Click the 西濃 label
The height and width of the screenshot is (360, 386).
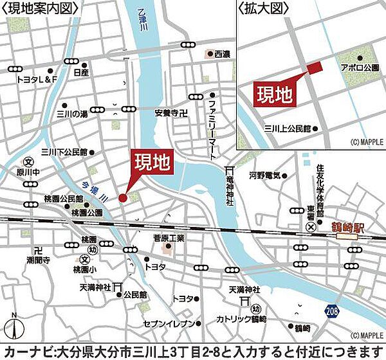point(221,54)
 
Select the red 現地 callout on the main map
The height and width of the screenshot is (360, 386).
point(152,164)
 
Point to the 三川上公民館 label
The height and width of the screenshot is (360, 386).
point(292,129)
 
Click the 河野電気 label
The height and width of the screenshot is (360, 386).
point(265,175)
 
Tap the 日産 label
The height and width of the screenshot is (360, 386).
point(81,73)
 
